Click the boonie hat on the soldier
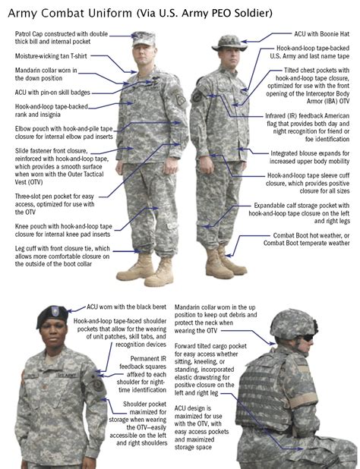point(229,43)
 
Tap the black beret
point(52,316)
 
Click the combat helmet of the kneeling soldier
point(292,324)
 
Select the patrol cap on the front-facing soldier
point(144,39)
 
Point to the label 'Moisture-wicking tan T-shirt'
point(51,56)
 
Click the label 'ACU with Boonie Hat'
point(321,34)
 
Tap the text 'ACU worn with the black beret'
point(126,307)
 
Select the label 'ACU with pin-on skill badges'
point(52,93)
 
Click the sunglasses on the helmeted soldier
point(308,338)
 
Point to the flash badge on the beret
point(55,311)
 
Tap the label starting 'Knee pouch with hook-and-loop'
point(64,230)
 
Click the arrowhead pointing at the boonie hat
point(244,42)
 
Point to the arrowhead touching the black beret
point(69,311)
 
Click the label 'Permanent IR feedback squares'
point(143,374)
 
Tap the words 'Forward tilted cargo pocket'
point(210,346)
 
